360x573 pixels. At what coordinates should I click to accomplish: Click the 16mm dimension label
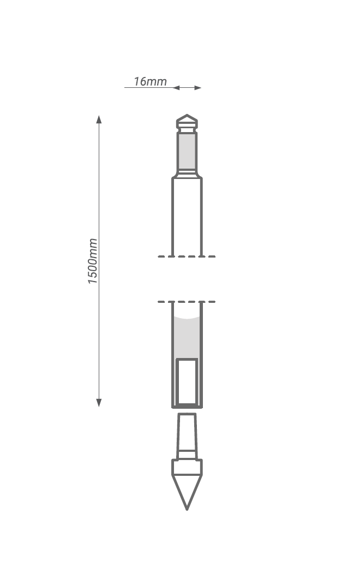pos(150,81)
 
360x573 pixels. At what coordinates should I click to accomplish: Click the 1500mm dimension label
pos(93,261)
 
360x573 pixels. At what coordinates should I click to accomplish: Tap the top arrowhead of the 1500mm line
pos(99,119)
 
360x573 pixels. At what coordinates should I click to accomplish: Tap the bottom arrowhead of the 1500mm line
pos(99,403)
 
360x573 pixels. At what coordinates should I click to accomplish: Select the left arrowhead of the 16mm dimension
pos(176,88)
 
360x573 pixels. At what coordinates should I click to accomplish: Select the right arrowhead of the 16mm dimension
pos(197,88)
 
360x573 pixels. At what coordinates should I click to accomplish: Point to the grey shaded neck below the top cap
pos(187,151)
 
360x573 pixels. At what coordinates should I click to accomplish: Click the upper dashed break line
pos(187,256)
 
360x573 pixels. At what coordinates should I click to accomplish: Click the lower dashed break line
pos(187,302)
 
